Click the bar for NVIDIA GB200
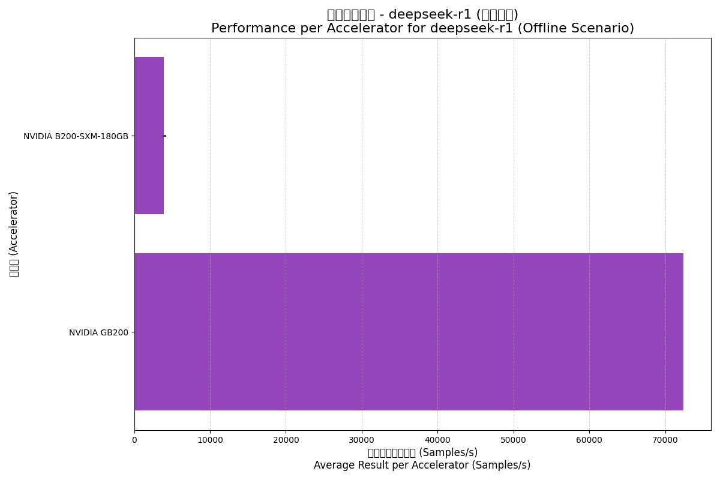click(409, 332)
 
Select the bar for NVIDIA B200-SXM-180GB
click(149, 136)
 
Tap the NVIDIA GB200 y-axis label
click(98, 332)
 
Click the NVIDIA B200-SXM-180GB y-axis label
click(76, 136)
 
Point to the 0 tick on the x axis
click(134, 440)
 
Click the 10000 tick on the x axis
click(210, 440)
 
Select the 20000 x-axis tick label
click(286, 440)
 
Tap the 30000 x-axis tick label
click(362, 440)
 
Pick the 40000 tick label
click(437, 440)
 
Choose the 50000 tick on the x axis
click(514, 440)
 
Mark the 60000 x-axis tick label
click(589, 440)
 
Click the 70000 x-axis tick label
click(665, 440)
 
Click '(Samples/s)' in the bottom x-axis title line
click(504, 465)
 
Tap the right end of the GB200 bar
click(683, 332)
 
